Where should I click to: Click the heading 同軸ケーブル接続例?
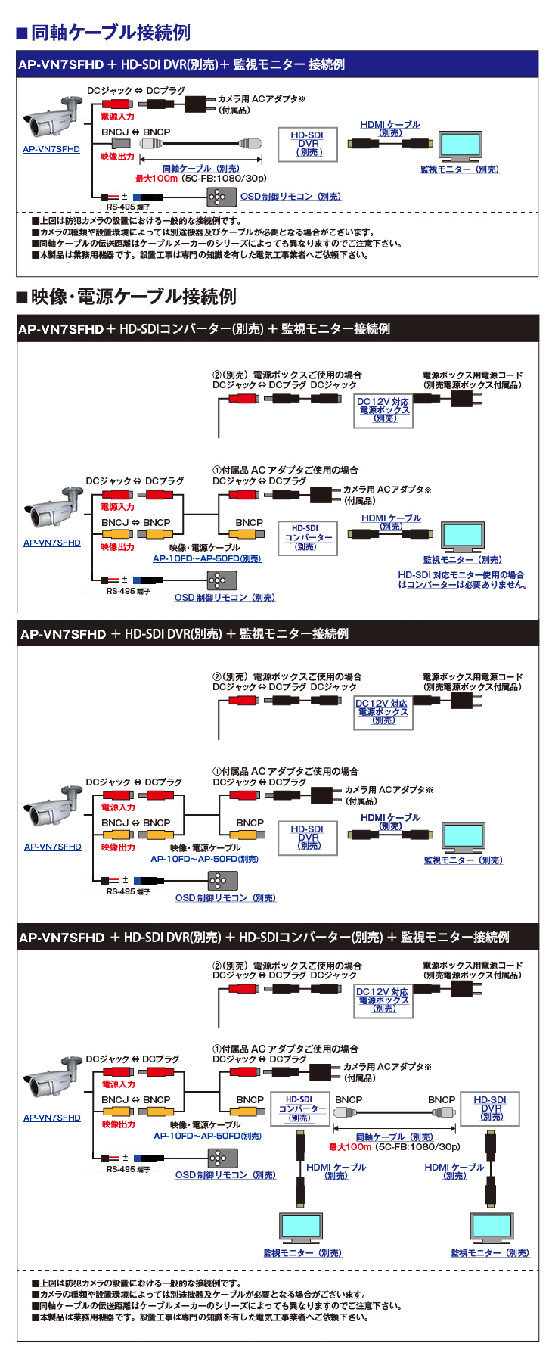click(110, 33)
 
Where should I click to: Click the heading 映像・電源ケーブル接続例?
click(133, 297)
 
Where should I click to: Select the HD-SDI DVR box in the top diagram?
click(308, 144)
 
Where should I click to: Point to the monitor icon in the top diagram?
click(460, 146)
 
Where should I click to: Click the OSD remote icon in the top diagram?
click(217, 197)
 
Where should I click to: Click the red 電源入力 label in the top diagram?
click(117, 117)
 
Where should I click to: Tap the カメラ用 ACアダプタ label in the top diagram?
click(261, 99)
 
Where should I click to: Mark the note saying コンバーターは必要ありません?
click(462, 585)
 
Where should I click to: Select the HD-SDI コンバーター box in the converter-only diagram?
click(307, 537)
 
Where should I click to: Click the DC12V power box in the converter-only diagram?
click(383, 410)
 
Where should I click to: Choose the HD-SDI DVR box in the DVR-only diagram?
click(308, 838)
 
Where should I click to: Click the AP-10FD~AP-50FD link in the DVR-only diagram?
click(204, 859)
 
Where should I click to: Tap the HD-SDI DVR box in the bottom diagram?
click(490, 1108)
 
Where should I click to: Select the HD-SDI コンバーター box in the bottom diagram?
click(299, 1109)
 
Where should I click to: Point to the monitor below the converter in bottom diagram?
click(300, 1227)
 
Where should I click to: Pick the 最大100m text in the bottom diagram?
click(349, 1147)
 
